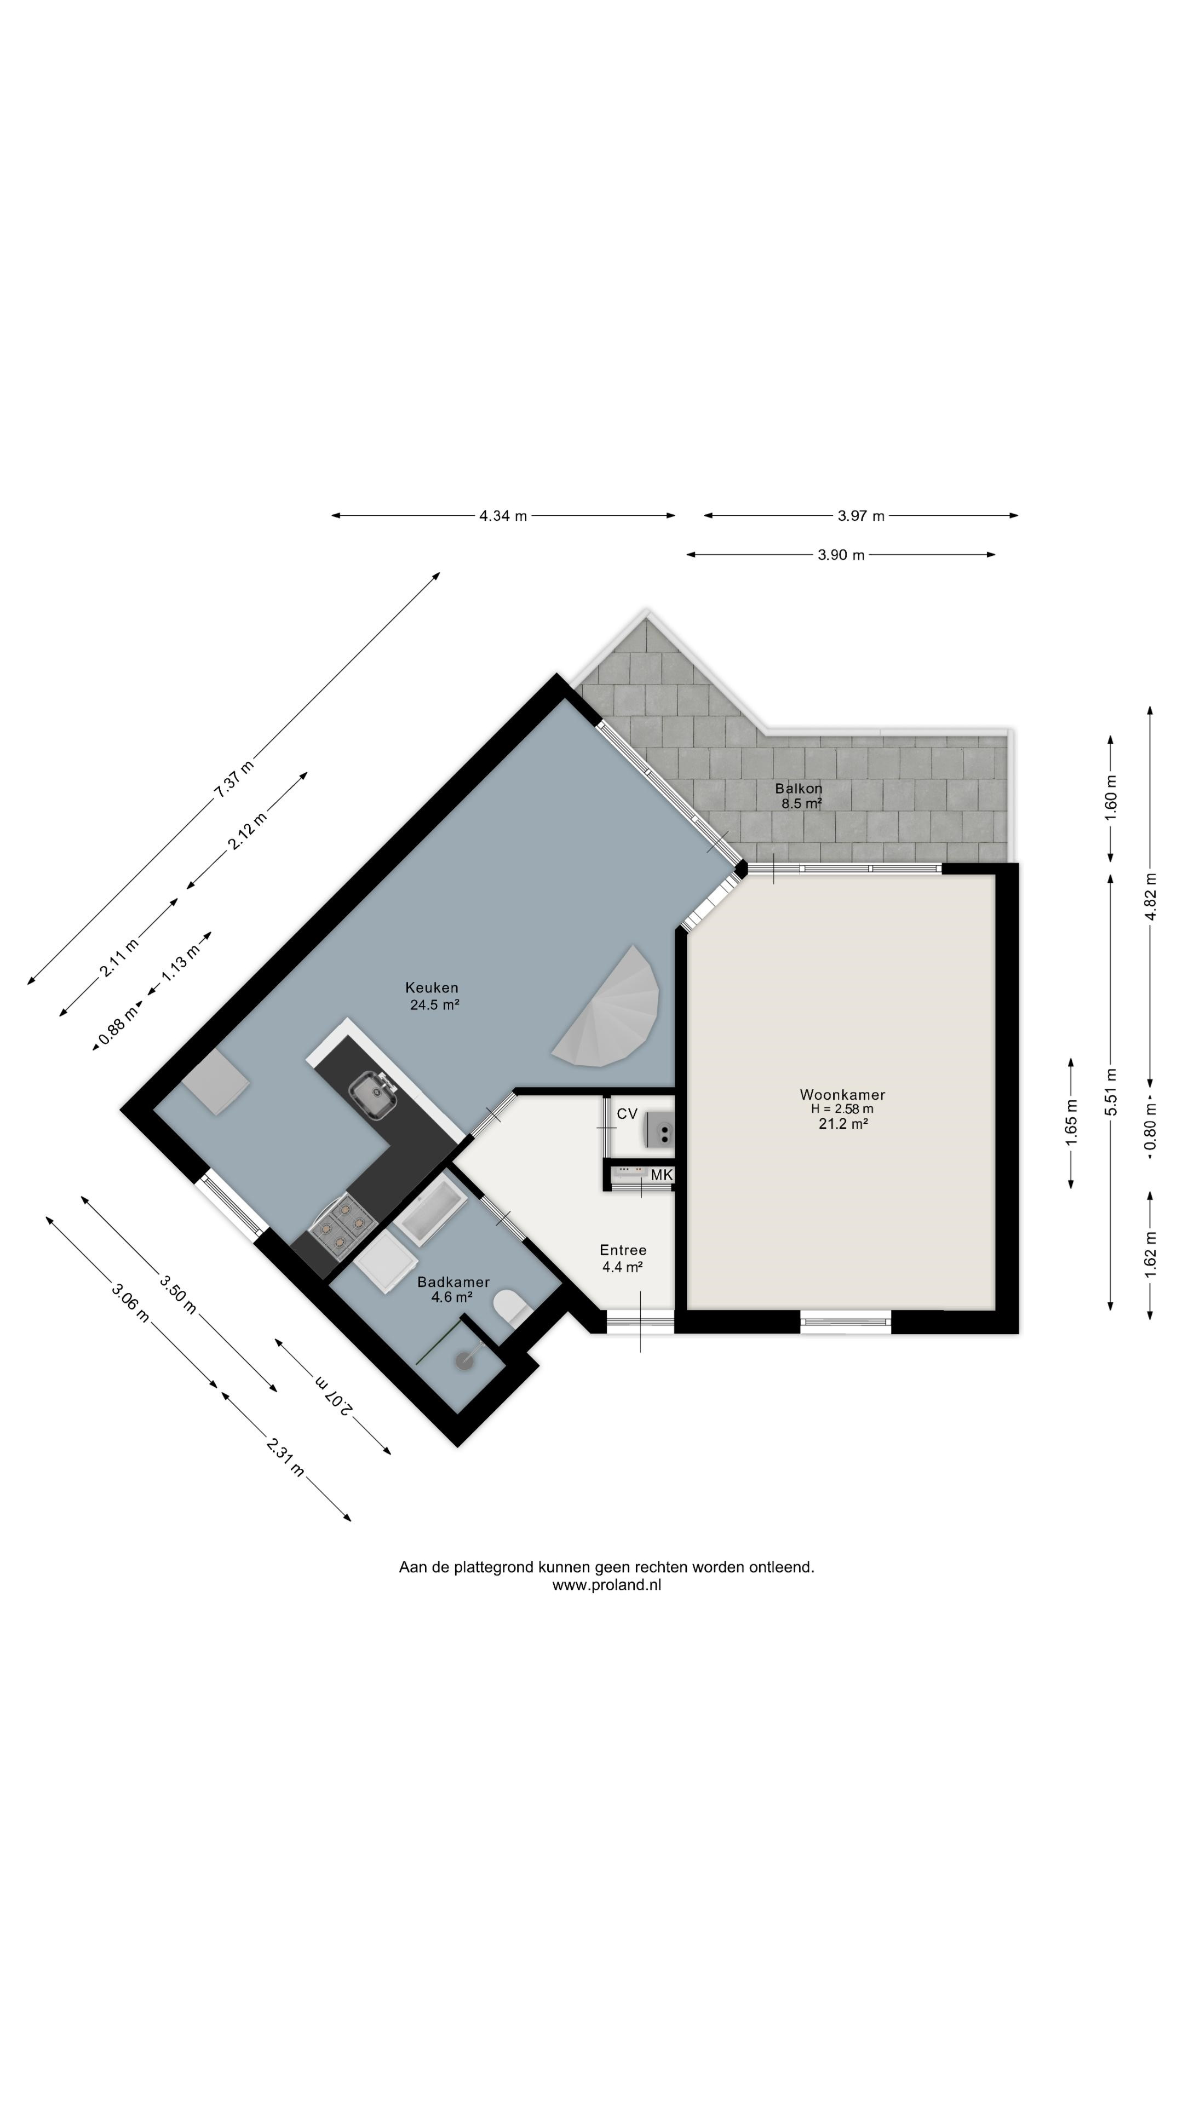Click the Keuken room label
click(432, 988)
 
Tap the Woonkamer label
click(842, 1095)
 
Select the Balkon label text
click(799, 789)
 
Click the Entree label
click(623, 1250)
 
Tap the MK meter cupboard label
click(661, 1175)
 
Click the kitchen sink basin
click(373, 1093)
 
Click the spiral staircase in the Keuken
click(612, 1010)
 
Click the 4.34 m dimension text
click(503, 516)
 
